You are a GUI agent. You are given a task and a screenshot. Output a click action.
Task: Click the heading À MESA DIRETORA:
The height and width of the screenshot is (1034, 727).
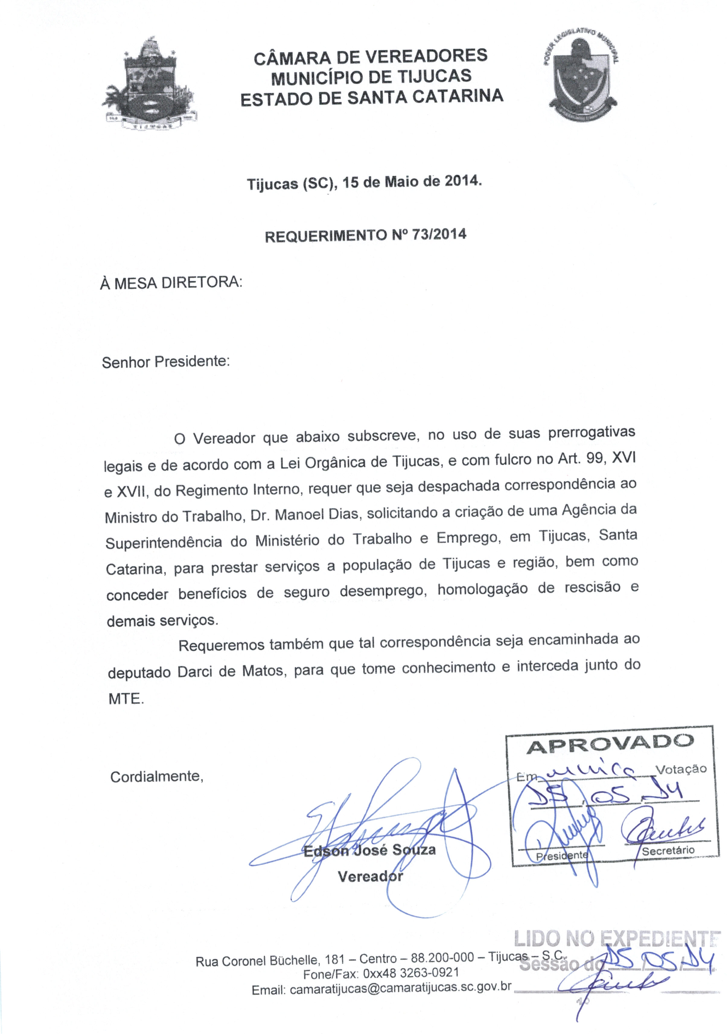point(171,283)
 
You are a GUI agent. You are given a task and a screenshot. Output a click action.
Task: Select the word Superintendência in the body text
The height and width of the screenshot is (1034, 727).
point(164,543)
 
